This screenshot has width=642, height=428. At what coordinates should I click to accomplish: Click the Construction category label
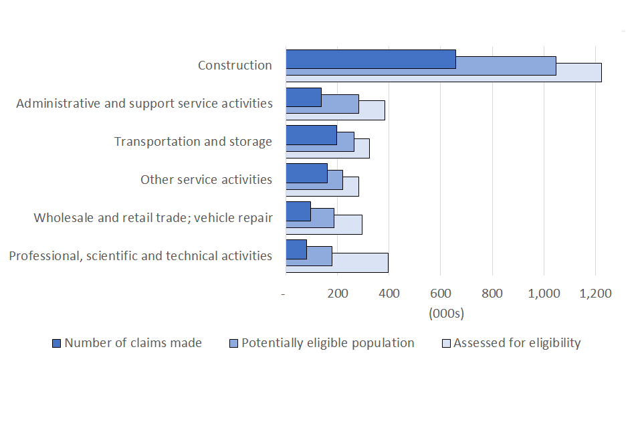coord(235,66)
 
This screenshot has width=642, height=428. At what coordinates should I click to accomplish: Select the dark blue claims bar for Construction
coord(370,59)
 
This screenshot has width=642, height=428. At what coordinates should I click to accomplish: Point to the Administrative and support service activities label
coord(144,104)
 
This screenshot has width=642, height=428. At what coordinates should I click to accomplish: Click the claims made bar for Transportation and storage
coord(311,134)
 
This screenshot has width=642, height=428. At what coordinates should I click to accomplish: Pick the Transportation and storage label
coord(193,142)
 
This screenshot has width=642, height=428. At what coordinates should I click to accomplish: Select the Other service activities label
coord(206,180)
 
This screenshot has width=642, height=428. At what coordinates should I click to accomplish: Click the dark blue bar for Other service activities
coord(306,173)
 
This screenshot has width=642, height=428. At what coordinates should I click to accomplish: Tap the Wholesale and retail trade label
coord(153,218)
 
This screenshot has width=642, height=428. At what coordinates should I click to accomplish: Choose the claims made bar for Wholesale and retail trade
coord(298,211)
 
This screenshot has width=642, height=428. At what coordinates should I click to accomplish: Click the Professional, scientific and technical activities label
coord(140,256)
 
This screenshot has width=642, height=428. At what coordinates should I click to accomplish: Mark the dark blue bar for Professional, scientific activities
coord(296,249)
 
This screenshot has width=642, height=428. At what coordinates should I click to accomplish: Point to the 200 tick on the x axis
coord(337,293)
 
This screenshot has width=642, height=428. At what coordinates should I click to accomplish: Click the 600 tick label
coord(441,293)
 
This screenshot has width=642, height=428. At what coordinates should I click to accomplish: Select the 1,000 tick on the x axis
coord(543,293)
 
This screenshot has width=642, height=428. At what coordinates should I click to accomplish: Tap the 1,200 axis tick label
coord(595,293)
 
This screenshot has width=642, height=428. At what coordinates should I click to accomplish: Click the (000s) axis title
coord(445,313)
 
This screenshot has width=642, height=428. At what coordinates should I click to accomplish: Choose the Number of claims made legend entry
coord(127,343)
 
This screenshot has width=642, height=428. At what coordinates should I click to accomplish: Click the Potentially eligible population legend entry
coord(322,343)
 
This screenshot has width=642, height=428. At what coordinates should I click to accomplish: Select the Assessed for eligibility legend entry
coord(512,343)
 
